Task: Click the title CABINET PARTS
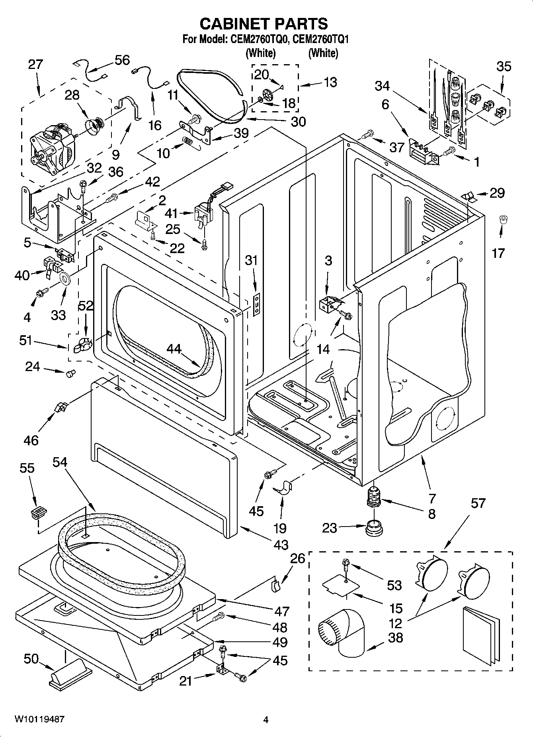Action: coord(264,24)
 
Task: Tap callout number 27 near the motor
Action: coord(35,65)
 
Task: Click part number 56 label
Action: coord(122,60)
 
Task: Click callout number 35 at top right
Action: coord(503,66)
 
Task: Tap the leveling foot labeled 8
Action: coord(374,496)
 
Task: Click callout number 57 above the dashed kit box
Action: coord(478,503)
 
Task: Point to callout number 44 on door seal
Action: coord(174,350)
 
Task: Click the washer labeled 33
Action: coord(65,278)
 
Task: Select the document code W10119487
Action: coord(39,719)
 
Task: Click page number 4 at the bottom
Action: coord(266,719)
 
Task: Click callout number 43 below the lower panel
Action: coord(281,544)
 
